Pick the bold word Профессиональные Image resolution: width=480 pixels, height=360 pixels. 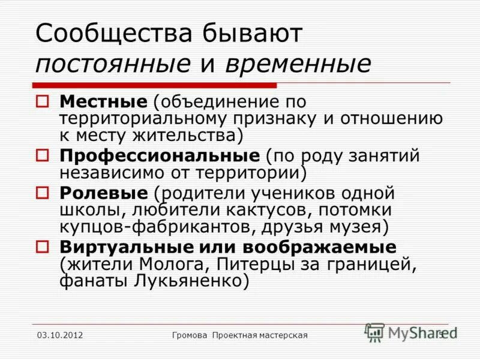(x=159, y=157)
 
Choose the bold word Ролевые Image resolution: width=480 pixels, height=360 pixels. (x=103, y=194)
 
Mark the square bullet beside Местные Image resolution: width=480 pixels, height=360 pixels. (x=43, y=102)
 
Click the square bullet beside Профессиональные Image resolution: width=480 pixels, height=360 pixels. (x=43, y=157)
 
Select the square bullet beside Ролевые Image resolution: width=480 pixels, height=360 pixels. (x=43, y=194)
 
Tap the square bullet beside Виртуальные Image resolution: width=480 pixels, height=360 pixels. (x=43, y=247)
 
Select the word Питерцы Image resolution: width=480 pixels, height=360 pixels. (x=252, y=263)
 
